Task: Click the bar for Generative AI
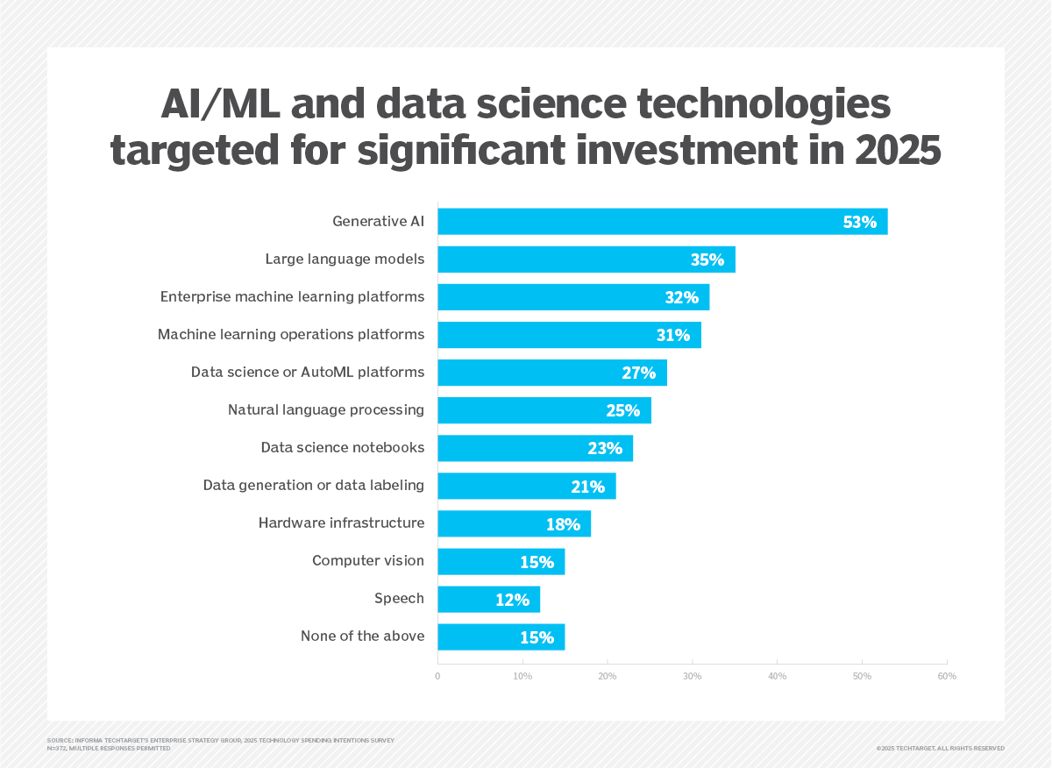(x=662, y=222)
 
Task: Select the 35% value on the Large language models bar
(x=707, y=260)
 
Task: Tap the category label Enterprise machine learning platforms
(x=292, y=297)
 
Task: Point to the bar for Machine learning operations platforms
(x=569, y=335)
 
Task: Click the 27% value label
(x=638, y=373)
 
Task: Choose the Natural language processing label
(x=326, y=410)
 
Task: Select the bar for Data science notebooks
(x=535, y=448)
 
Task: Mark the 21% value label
(x=587, y=486)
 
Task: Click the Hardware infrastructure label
(x=341, y=523)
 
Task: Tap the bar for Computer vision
(x=501, y=561)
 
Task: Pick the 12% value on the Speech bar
(x=512, y=600)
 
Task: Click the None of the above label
(x=362, y=636)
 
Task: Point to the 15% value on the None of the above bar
(x=537, y=637)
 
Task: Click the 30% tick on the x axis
(x=693, y=676)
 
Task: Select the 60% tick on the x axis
(x=947, y=676)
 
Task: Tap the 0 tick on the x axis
(x=437, y=676)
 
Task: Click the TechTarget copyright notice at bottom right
(x=940, y=748)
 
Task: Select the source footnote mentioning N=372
(x=109, y=749)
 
